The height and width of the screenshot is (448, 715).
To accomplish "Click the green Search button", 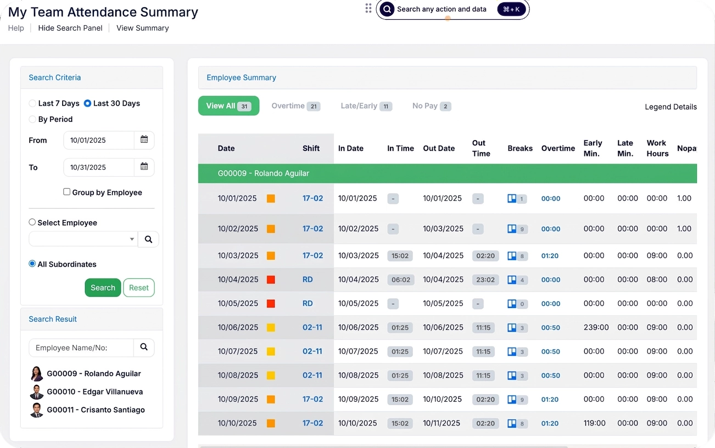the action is (x=103, y=288).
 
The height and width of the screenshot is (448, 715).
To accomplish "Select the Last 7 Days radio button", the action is (x=32, y=103).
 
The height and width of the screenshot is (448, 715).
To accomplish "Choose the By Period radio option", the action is (x=32, y=119).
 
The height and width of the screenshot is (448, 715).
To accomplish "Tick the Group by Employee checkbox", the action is (x=66, y=192).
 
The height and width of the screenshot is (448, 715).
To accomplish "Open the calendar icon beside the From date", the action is (x=144, y=139).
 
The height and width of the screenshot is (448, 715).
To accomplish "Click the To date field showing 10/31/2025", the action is (x=99, y=167).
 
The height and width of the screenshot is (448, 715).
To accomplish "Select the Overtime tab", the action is (x=295, y=106).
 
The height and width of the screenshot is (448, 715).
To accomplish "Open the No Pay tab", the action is (x=432, y=106).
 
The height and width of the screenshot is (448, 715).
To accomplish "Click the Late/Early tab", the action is (x=366, y=106).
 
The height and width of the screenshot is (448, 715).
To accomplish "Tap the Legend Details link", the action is (x=671, y=107).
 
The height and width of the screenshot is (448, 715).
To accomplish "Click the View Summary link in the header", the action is (x=142, y=28).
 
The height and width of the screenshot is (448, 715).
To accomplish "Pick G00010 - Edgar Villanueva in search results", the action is (x=95, y=391).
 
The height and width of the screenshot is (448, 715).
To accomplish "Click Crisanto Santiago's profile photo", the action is (x=36, y=410).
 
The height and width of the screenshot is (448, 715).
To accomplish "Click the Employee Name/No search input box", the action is (x=81, y=348).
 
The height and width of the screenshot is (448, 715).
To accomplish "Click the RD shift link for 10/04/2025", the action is (x=308, y=279).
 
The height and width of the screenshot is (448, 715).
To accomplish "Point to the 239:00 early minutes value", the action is (x=596, y=327).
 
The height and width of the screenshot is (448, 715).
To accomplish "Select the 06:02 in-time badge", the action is (x=400, y=280).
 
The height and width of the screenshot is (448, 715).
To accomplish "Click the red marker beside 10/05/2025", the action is (x=271, y=304).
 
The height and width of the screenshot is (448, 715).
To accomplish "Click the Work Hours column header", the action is (x=657, y=148).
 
